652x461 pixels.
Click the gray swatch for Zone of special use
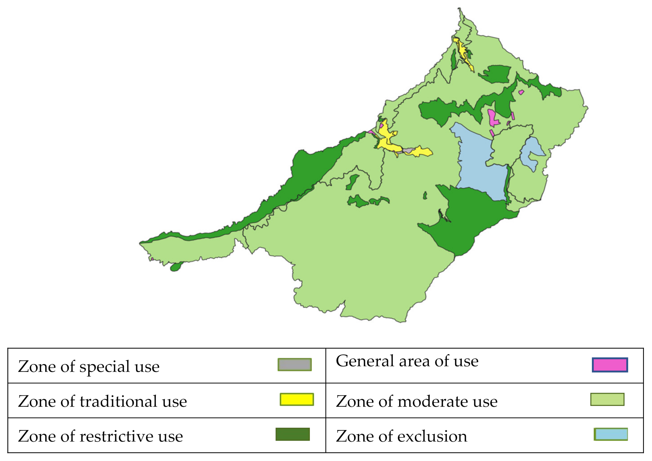pyautogui.click(x=295, y=365)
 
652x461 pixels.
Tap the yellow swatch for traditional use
pyautogui.click(x=297, y=399)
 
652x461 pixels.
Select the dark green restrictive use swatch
pyautogui.click(x=292, y=434)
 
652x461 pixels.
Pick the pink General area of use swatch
pyautogui.click(x=610, y=365)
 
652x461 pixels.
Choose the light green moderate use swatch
pyautogui.click(x=607, y=399)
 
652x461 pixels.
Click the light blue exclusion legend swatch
pyautogui.click(x=611, y=434)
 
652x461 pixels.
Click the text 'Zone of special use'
pyautogui.click(x=89, y=367)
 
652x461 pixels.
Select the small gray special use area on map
pyautogui.click(x=408, y=150)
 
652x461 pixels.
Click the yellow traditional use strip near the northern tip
pyautogui.click(x=463, y=54)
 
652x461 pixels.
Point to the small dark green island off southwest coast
pyautogui.click(x=176, y=267)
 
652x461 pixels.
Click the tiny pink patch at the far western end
pyautogui.click(x=152, y=259)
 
